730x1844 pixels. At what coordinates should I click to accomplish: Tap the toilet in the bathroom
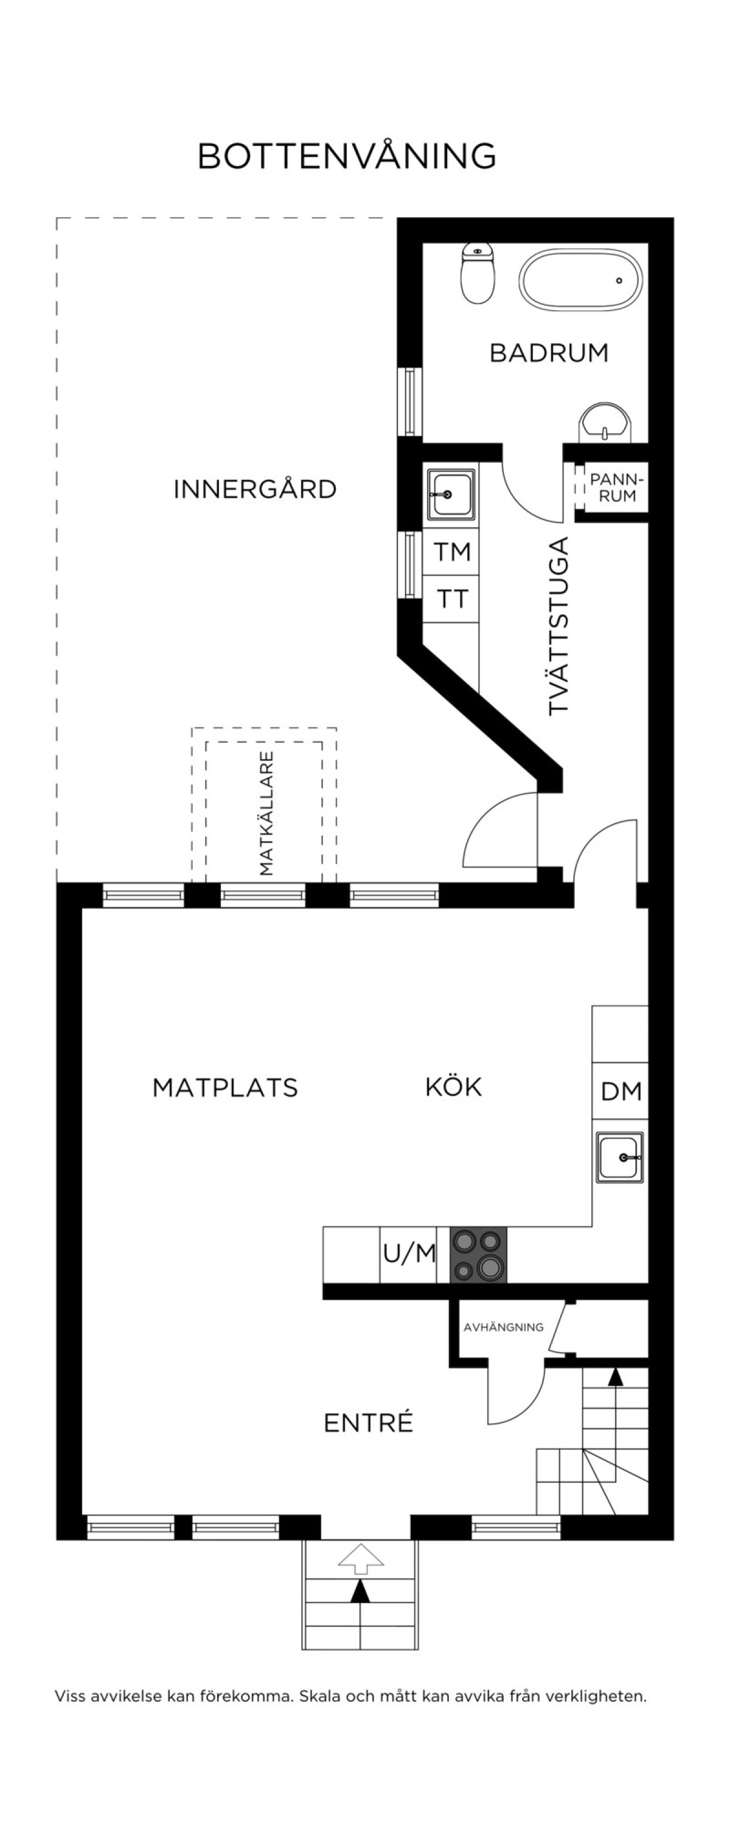(478, 272)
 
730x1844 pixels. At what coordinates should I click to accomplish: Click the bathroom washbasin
(605, 423)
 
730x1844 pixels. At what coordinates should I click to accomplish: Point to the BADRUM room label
(549, 352)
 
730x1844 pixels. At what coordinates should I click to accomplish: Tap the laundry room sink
(451, 494)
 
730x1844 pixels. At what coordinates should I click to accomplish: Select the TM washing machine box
(451, 551)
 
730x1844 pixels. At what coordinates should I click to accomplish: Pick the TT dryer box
(451, 598)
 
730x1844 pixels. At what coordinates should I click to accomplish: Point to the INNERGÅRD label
(255, 489)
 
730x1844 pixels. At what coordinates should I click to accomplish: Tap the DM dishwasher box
(620, 1091)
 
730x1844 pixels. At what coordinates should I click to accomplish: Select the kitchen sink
(620, 1157)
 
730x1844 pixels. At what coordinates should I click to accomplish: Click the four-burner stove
(478, 1255)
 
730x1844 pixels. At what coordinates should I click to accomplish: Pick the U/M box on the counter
(408, 1254)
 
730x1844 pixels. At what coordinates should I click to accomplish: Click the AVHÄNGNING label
(503, 1327)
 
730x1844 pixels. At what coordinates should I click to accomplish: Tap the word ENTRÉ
(369, 1423)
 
